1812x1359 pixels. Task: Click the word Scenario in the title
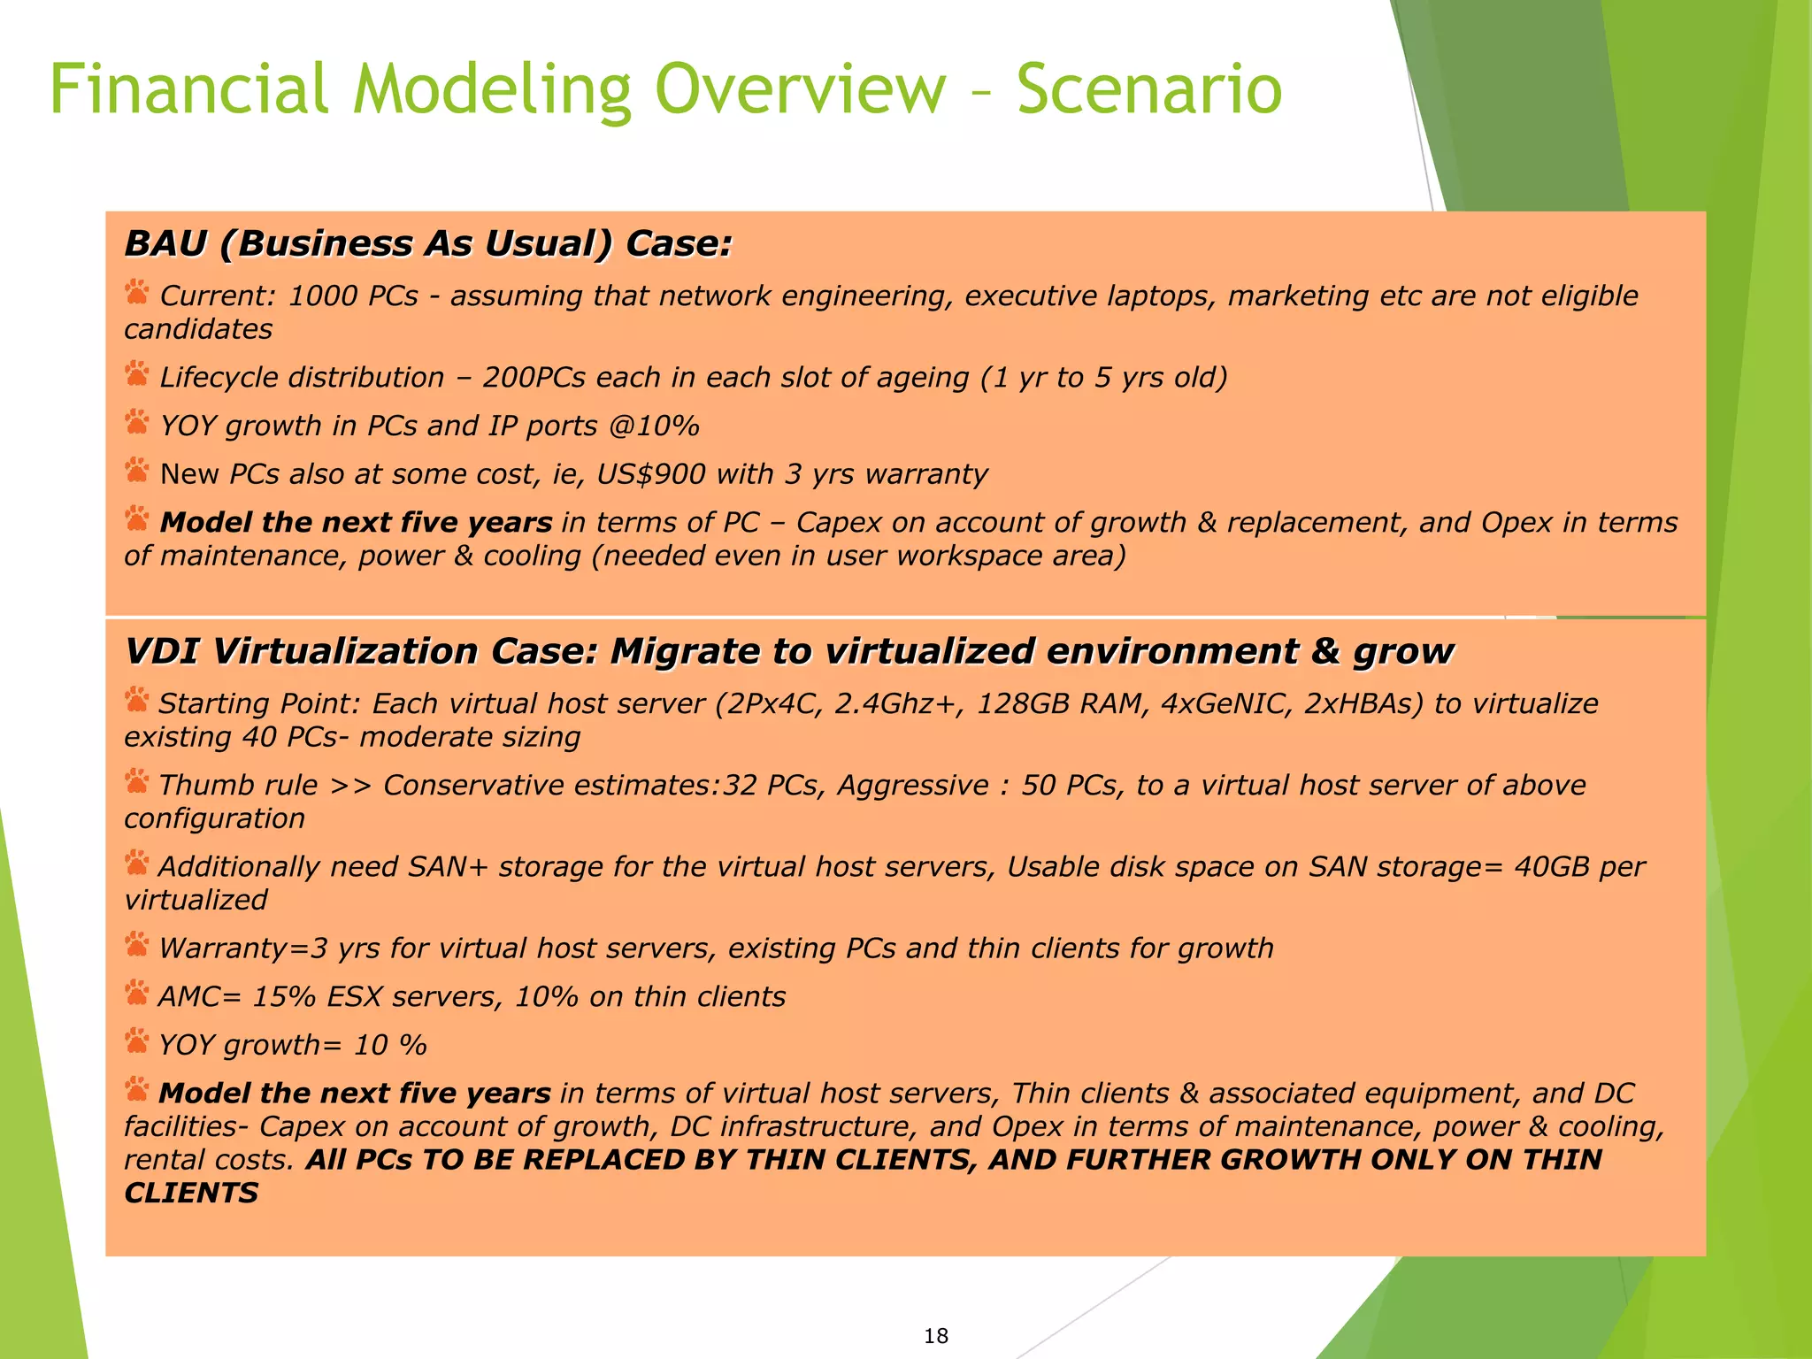tap(1148, 89)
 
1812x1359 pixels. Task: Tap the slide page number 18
tap(935, 1336)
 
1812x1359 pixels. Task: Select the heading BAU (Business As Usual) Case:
tap(428, 243)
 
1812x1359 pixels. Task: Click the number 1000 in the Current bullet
tap(322, 296)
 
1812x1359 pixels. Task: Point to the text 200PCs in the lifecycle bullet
tap(534, 378)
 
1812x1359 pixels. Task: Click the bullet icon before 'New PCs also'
tap(137, 471)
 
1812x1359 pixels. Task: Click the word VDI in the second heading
tap(163, 651)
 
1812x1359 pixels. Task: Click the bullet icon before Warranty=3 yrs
tap(137, 945)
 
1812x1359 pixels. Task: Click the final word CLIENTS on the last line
tap(191, 1193)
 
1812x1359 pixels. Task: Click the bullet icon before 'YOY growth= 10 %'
tap(137, 1041)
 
